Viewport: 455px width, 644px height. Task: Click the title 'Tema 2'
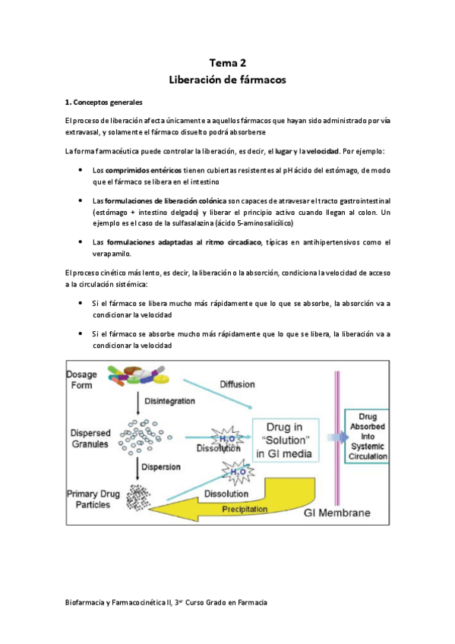pos(227,64)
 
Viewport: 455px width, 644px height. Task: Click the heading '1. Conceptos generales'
pos(103,102)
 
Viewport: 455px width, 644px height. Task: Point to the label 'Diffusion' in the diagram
pos(237,384)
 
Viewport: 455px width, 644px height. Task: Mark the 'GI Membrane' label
pos(337,513)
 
